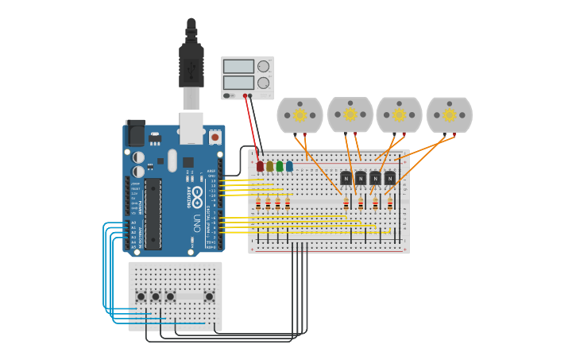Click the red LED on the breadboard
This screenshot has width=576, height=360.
click(260, 166)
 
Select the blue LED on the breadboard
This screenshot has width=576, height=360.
click(289, 166)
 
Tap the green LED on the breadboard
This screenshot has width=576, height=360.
click(280, 166)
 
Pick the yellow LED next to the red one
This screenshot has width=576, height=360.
click(270, 166)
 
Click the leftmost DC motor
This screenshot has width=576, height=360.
click(300, 115)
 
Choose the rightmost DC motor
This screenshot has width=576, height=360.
click(449, 115)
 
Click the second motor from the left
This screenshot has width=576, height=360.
click(350, 114)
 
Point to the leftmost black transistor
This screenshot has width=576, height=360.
click(346, 178)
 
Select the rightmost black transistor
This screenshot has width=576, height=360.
click(390, 178)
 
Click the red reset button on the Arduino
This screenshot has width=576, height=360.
click(215, 137)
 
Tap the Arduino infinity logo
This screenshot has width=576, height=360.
click(196, 193)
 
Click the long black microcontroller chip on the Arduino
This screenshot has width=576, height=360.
click(153, 214)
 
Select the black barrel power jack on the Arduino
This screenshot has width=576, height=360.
click(135, 133)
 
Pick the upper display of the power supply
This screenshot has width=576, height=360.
click(238, 67)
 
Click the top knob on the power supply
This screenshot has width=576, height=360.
click(263, 67)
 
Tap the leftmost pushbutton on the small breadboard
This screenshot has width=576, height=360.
click(141, 296)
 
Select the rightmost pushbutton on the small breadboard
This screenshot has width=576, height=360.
click(209, 296)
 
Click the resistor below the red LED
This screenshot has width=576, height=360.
click(258, 204)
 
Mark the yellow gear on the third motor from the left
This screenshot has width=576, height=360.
click(399, 115)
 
